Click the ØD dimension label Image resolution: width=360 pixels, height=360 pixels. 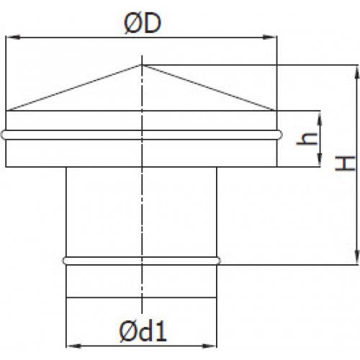pyautogui.click(x=142, y=24)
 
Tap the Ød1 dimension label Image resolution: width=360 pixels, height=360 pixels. pyautogui.click(x=143, y=331)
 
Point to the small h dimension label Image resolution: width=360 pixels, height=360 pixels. pyautogui.click(x=307, y=139)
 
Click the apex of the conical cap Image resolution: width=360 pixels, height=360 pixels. pyautogui.click(x=142, y=65)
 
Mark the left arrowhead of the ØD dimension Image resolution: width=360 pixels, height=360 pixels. pyautogui.click(x=13, y=37)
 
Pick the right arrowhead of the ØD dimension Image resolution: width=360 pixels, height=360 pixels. pyautogui.click(x=269, y=37)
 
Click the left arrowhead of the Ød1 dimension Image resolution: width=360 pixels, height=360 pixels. pyautogui.click(x=73, y=346)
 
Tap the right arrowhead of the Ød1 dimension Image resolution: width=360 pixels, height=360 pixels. pyautogui.click(x=210, y=346)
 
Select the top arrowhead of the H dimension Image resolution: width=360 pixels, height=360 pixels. pyautogui.click(x=357, y=72)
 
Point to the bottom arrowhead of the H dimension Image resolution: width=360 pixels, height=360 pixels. pyautogui.click(x=357, y=258)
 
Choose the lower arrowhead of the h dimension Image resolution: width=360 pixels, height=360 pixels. pyautogui.click(x=320, y=159)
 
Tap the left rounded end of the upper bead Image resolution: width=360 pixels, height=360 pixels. pyautogui.click(x=3, y=135)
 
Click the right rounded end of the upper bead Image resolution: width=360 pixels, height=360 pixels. pyautogui.click(x=280, y=135)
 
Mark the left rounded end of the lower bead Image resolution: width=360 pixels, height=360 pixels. pyautogui.click(x=65, y=261)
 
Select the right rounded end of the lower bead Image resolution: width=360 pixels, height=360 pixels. pyautogui.click(x=218, y=261)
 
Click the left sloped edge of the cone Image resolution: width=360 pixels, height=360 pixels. pyautogui.click(x=74, y=88)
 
